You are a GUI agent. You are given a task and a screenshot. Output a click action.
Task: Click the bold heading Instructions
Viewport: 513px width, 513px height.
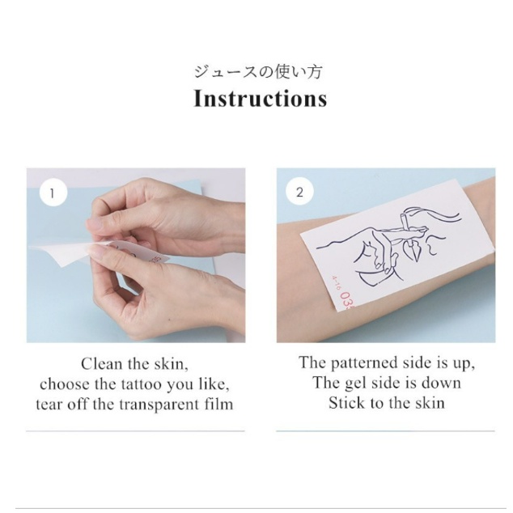[260, 98]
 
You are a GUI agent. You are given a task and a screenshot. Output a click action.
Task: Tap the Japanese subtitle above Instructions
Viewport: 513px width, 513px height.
[258, 72]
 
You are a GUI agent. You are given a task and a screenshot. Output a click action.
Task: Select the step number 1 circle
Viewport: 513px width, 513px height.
[53, 193]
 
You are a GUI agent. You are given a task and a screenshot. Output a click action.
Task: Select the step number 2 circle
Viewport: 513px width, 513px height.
[299, 192]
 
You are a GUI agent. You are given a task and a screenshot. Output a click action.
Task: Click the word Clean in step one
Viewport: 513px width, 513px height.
[101, 364]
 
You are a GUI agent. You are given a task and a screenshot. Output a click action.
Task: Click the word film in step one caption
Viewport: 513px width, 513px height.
[219, 404]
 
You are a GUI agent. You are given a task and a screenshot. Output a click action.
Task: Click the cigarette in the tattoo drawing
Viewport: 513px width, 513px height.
[406, 228]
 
